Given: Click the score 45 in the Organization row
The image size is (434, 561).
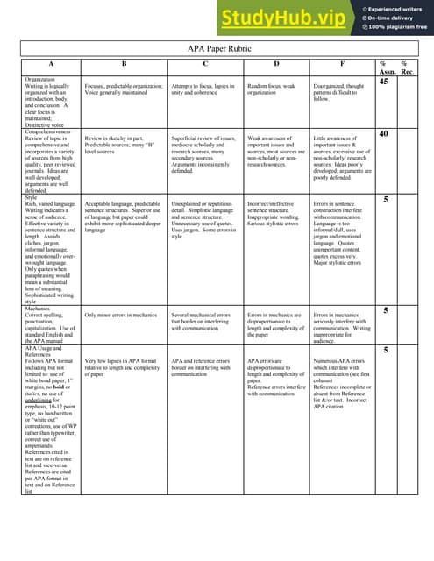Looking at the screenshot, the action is [x=383, y=82].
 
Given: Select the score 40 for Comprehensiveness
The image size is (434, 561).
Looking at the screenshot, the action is [x=383, y=134].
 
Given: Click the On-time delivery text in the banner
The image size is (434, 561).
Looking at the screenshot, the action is [x=391, y=18].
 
